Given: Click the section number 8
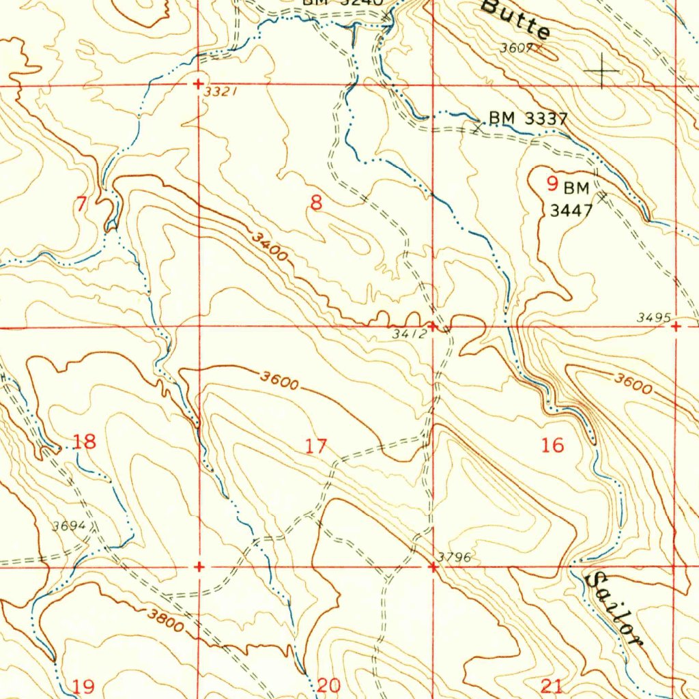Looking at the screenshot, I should point(315,203).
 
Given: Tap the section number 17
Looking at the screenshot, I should point(315,447).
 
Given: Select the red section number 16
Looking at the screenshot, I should point(552,446).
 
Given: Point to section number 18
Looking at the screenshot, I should point(85,442).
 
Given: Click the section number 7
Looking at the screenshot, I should point(82,203).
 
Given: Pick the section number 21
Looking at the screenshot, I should point(552,686).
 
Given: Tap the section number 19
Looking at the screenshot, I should point(83,686).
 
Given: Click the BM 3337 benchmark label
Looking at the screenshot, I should point(528,119).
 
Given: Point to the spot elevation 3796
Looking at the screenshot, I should point(455,557).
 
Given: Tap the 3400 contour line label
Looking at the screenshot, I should point(269,246).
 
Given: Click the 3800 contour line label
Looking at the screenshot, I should point(166,620).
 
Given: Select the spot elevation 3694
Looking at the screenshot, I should point(69,526).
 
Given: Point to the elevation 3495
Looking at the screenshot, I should point(653,317).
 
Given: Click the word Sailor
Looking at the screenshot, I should point(615,610).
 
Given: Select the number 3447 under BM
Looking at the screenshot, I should point(571,211).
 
